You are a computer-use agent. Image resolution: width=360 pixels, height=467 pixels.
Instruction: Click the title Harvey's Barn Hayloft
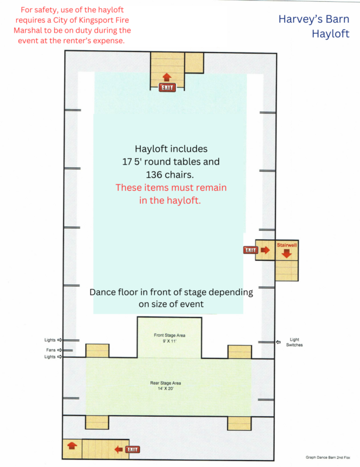tap(314, 26)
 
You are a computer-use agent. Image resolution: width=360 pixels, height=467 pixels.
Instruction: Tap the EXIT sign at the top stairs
tap(167, 88)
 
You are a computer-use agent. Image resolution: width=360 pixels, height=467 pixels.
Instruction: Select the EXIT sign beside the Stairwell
tap(250, 250)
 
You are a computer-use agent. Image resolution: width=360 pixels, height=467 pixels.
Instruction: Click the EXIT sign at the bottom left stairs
tap(132, 449)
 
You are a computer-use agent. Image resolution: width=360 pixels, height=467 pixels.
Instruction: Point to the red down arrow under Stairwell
tap(286, 253)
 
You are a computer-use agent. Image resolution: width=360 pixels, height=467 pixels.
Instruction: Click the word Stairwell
tap(286, 245)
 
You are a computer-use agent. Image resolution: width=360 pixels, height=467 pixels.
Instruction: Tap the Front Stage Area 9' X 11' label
tap(169, 338)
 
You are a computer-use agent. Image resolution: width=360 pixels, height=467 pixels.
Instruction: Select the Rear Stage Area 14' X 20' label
tap(166, 386)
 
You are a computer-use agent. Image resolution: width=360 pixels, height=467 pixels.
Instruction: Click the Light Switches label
tap(294, 342)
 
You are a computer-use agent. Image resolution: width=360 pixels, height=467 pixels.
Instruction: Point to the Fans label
tap(51, 350)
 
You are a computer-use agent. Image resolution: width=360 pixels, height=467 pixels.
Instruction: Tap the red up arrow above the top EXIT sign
tap(167, 78)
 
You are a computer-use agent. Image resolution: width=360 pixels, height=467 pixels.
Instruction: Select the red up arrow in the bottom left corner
tap(72, 445)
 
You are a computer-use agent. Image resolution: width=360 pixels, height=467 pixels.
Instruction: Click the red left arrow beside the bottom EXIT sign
tap(119, 449)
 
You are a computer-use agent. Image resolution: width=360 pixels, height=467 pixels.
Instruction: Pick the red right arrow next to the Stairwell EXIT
tap(265, 250)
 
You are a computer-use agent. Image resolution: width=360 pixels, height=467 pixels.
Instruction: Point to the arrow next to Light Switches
tap(278, 342)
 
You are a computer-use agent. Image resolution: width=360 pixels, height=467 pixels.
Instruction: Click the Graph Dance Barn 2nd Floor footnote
tap(328, 458)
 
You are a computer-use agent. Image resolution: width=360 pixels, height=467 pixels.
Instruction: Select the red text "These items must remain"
tap(171, 187)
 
